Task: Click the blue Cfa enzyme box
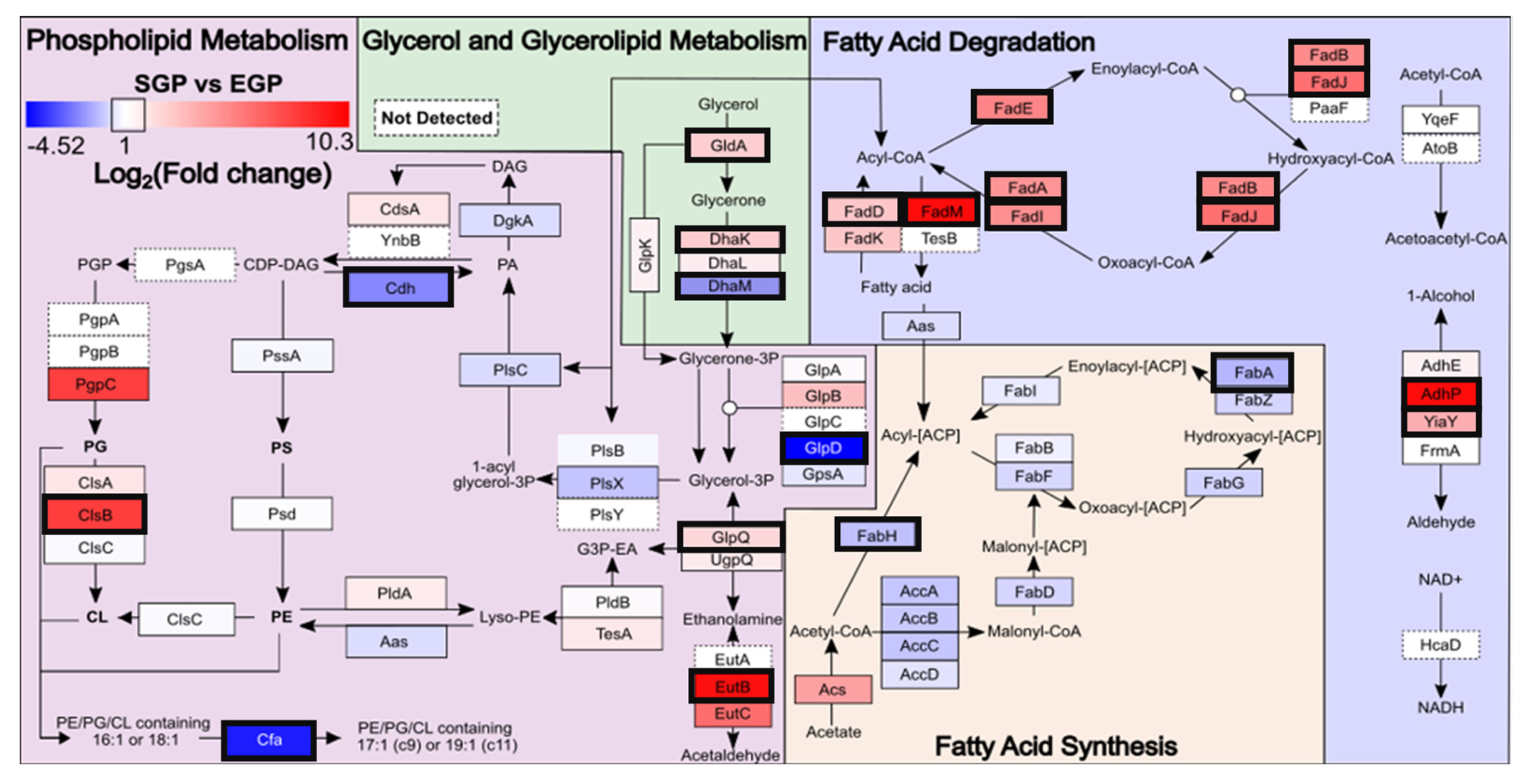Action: point(269,740)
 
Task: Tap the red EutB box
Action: point(732,686)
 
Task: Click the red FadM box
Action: point(941,211)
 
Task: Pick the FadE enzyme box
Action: point(1012,108)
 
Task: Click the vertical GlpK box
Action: point(645,255)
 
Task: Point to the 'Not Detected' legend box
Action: point(436,118)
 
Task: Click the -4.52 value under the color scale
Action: point(56,145)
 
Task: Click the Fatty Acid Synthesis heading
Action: point(1055,746)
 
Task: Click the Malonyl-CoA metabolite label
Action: point(1034,631)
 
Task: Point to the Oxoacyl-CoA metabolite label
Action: point(1145,263)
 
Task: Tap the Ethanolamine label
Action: point(732,619)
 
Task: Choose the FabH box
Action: point(877,536)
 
